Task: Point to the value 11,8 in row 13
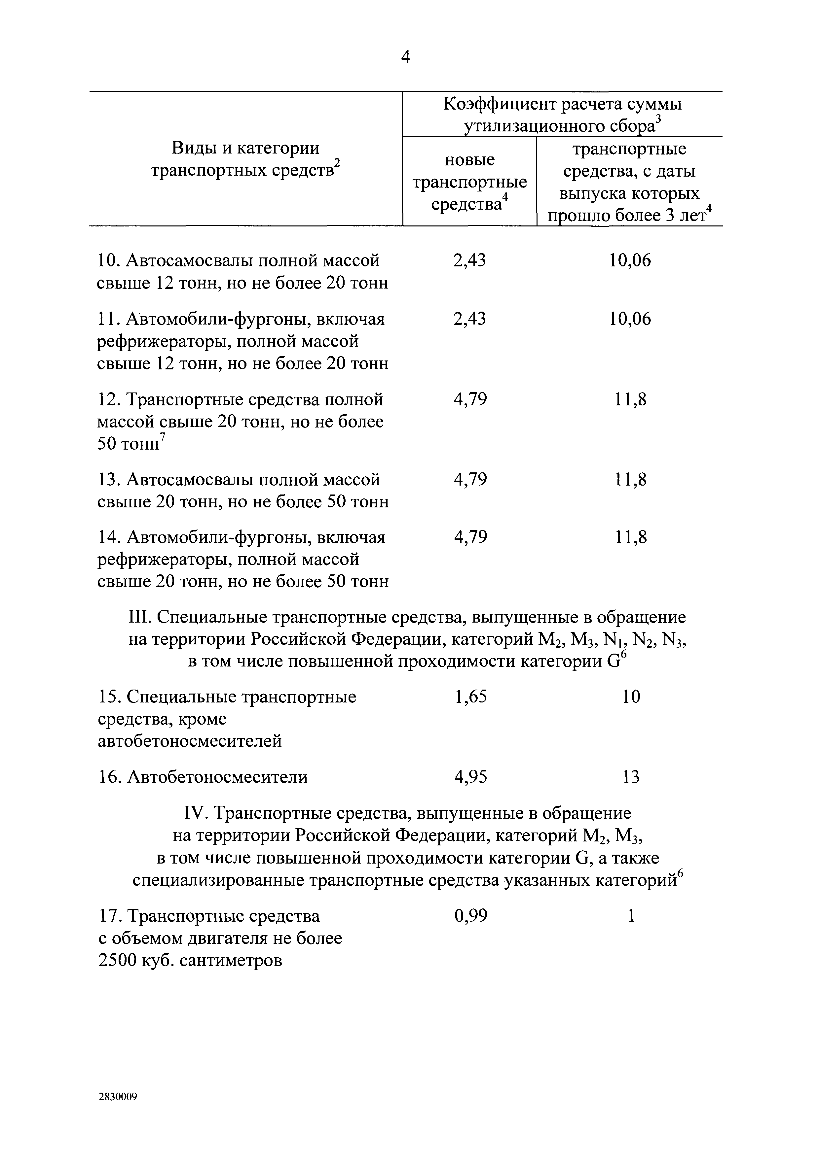631,479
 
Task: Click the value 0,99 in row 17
470,916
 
